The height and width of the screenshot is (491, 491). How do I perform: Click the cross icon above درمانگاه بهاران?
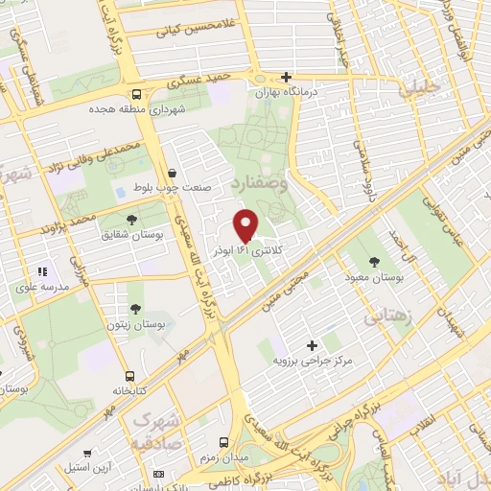coord(287,77)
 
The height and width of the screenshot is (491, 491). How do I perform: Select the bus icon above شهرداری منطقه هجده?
coord(137,95)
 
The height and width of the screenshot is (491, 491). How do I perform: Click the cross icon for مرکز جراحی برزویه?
coord(312,345)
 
